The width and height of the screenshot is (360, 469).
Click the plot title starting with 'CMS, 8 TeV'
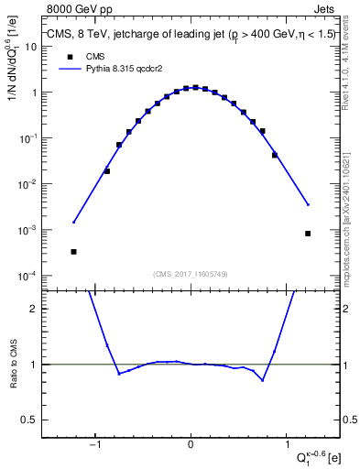click(x=191, y=36)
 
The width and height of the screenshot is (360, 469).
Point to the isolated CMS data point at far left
click(x=73, y=251)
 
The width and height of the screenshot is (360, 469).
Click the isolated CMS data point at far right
click(x=308, y=234)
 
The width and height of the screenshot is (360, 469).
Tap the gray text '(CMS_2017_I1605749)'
click(x=191, y=274)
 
